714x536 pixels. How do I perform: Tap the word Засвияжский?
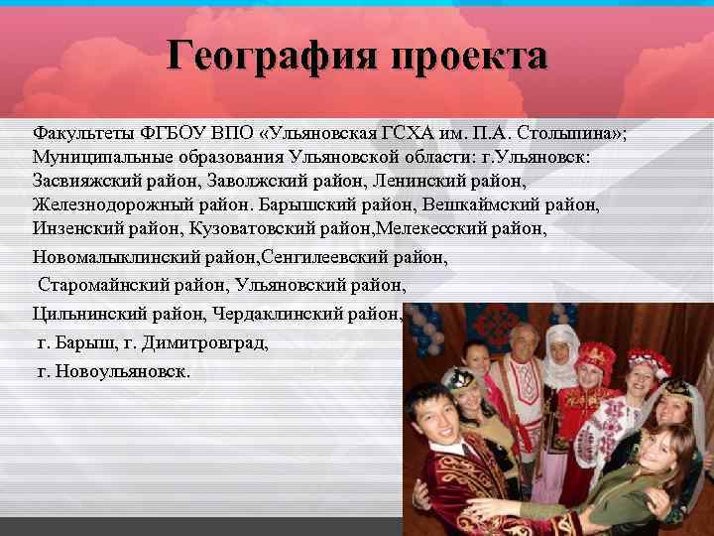[x=85, y=182]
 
